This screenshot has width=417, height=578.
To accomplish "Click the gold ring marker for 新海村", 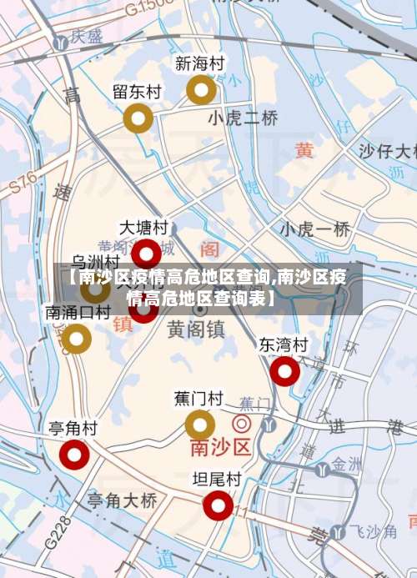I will click(x=201, y=89).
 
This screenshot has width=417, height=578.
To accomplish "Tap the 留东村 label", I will click(x=137, y=92).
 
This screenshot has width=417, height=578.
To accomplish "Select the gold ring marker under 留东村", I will click(x=138, y=119).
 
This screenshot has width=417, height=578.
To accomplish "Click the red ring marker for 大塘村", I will click(x=147, y=253).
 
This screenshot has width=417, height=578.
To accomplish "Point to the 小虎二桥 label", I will click(x=243, y=118).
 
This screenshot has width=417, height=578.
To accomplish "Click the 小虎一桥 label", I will click(x=314, y=229).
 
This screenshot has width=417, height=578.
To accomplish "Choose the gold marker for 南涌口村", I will click(x=77, y=339).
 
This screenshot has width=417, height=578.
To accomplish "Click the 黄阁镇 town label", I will click(x=195, y=330).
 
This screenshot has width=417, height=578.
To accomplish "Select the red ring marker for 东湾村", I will click(x=284, y=371).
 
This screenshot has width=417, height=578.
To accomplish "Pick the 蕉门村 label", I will click(x=198, y=398).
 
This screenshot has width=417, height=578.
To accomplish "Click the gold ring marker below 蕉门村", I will click(x=199, y=425).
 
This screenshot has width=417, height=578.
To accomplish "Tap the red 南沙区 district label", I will click(x=220, y=448).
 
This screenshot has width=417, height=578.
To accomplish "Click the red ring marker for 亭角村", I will click(x=74, y=455).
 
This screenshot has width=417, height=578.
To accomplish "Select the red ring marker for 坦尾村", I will click(x=218, y=505).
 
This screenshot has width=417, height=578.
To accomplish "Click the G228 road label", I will click(x=54, y=530).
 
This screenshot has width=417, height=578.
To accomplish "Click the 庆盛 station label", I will click(x=86, y=37).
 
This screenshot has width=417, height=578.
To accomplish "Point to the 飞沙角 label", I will click(x=373, y=530).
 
